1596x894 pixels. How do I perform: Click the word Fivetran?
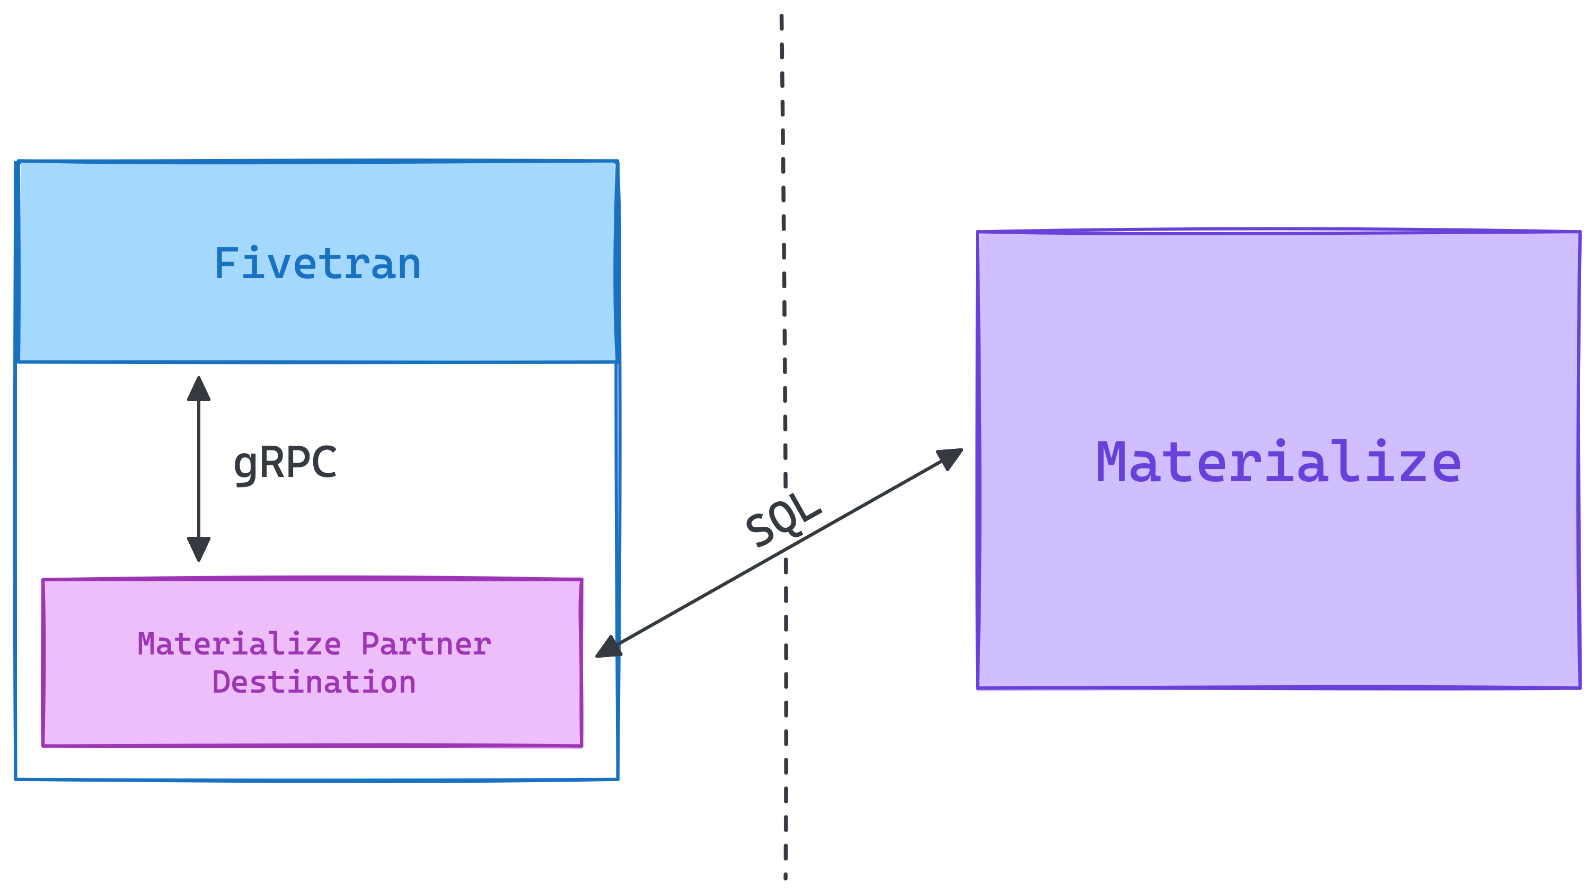click(x=317, y=264)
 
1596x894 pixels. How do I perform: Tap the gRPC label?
click(x=285, y=463)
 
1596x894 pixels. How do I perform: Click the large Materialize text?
click(x=1278, y=463)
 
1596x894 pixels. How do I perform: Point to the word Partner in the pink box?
click(x=426, y=644)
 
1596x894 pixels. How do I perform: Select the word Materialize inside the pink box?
click(x=239, y=644)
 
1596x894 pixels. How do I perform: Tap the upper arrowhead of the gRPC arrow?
click(x=199, y=388)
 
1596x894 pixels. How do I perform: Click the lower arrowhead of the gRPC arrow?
click(x=199, y=548)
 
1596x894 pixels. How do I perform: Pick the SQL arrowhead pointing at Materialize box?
click(x=949, y=458)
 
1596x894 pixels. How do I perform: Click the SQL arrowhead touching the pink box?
click(x=608, y=648)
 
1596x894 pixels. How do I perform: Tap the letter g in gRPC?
click(x=245, y=466)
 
